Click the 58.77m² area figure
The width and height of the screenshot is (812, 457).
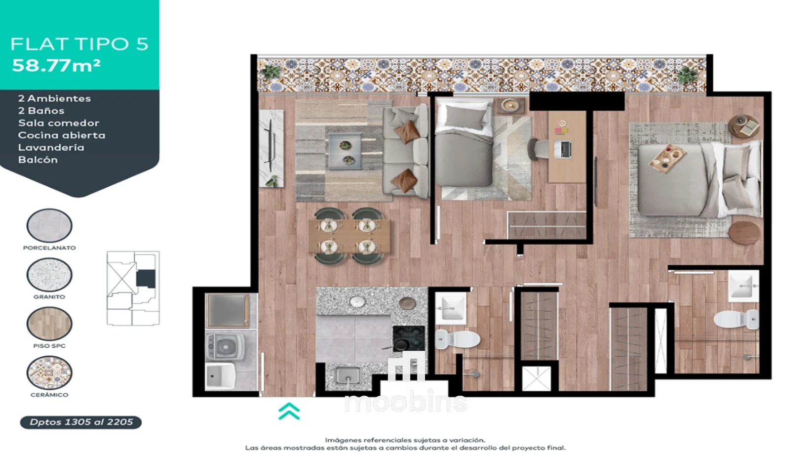click(x=56, y=66)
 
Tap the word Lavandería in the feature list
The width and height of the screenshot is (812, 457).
click(x=51, y=147)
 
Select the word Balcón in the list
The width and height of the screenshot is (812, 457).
click(x=38, y=160)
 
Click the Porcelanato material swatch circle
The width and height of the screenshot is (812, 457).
click(x=49, y=225)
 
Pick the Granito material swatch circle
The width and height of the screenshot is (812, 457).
click(x=49, y=275)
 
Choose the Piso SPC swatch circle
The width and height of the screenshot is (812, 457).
click(x=49, y=324)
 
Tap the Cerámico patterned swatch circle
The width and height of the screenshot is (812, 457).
click(x=49, y=373)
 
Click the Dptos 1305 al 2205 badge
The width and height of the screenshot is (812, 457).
click(x=81, y=422)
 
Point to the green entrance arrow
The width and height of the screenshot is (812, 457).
click(x=289, y=411)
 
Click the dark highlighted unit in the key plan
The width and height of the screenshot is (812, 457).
click(x=146, y=279)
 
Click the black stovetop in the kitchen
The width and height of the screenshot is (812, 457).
click(x=409, y=338)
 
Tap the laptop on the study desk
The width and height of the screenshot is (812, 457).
click(x=563, y=149)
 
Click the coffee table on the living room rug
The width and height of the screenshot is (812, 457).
click(x=345, y=151)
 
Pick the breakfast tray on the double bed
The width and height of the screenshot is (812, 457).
click(x=667, y=158)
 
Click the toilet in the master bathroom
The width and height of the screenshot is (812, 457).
click(x=736, y=320)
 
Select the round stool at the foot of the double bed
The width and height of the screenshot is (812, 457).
click(x=744, y=232)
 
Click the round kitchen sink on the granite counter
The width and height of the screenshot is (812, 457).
click(x=357, y=301)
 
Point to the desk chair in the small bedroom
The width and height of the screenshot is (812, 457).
click(x=538, y=149)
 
